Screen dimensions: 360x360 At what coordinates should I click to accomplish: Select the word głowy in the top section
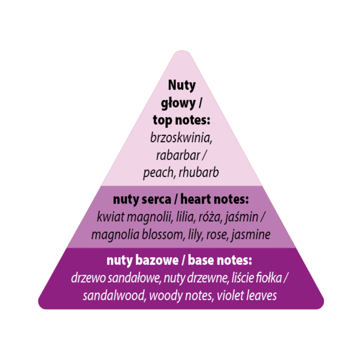click(178, 104)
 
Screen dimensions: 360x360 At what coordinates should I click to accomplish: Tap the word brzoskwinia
click(181, 138)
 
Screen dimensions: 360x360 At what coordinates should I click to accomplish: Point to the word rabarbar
click(178, 155)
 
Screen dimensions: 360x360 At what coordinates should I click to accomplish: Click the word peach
click(158, 173)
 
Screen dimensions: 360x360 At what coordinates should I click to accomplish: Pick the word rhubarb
click(199, 172)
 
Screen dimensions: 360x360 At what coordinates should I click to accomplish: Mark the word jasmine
click(251, 235)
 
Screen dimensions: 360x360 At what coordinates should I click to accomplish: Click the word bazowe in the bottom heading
click(157, 260)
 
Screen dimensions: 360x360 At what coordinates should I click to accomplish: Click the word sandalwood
click(114, 296)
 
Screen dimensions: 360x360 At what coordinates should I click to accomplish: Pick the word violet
click(230, 296)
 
